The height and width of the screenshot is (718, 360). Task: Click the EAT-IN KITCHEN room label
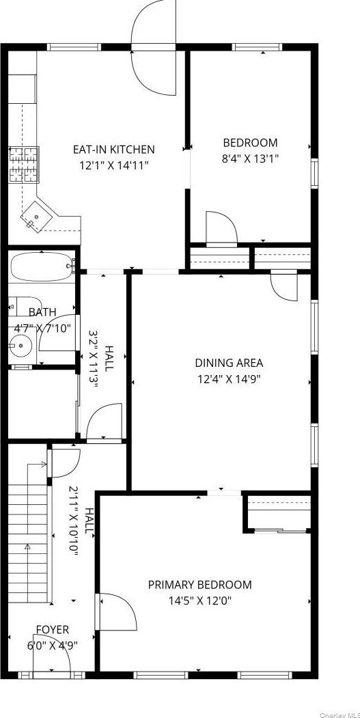(114, 149)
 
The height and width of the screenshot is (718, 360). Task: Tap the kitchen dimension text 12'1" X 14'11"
(114, 165)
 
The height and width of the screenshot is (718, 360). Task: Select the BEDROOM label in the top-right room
(250, 143)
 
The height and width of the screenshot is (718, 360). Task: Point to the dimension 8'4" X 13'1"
(250, 158)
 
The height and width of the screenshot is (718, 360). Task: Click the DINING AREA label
(229, 363)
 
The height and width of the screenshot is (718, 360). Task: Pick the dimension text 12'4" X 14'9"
(229, 378)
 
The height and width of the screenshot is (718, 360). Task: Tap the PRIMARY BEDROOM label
(199, 585)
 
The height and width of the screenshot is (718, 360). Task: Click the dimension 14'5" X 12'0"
(199, 600)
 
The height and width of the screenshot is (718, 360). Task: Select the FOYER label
(53, 629)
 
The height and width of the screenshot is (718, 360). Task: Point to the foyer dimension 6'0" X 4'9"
(53, 645)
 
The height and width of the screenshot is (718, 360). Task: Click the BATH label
(42, 312)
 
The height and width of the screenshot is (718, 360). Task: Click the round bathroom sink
(22, 346)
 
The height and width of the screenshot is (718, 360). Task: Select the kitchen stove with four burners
(23, 165)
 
